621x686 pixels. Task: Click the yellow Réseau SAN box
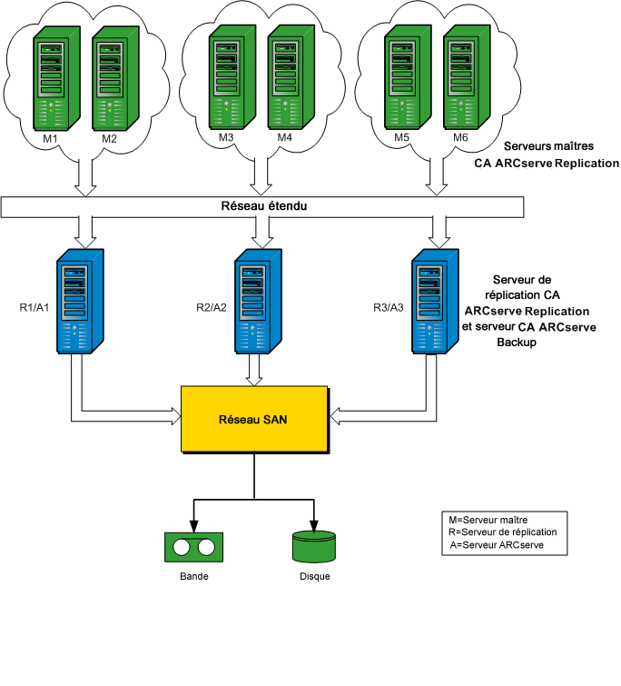[x=255, y=419]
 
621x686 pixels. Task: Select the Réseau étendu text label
[x=263, y=206]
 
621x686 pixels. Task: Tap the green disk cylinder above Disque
[x=314, y=546]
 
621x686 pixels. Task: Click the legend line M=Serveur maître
[x=488, y=519]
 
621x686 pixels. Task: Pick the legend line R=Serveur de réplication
[x=502, y=532]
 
